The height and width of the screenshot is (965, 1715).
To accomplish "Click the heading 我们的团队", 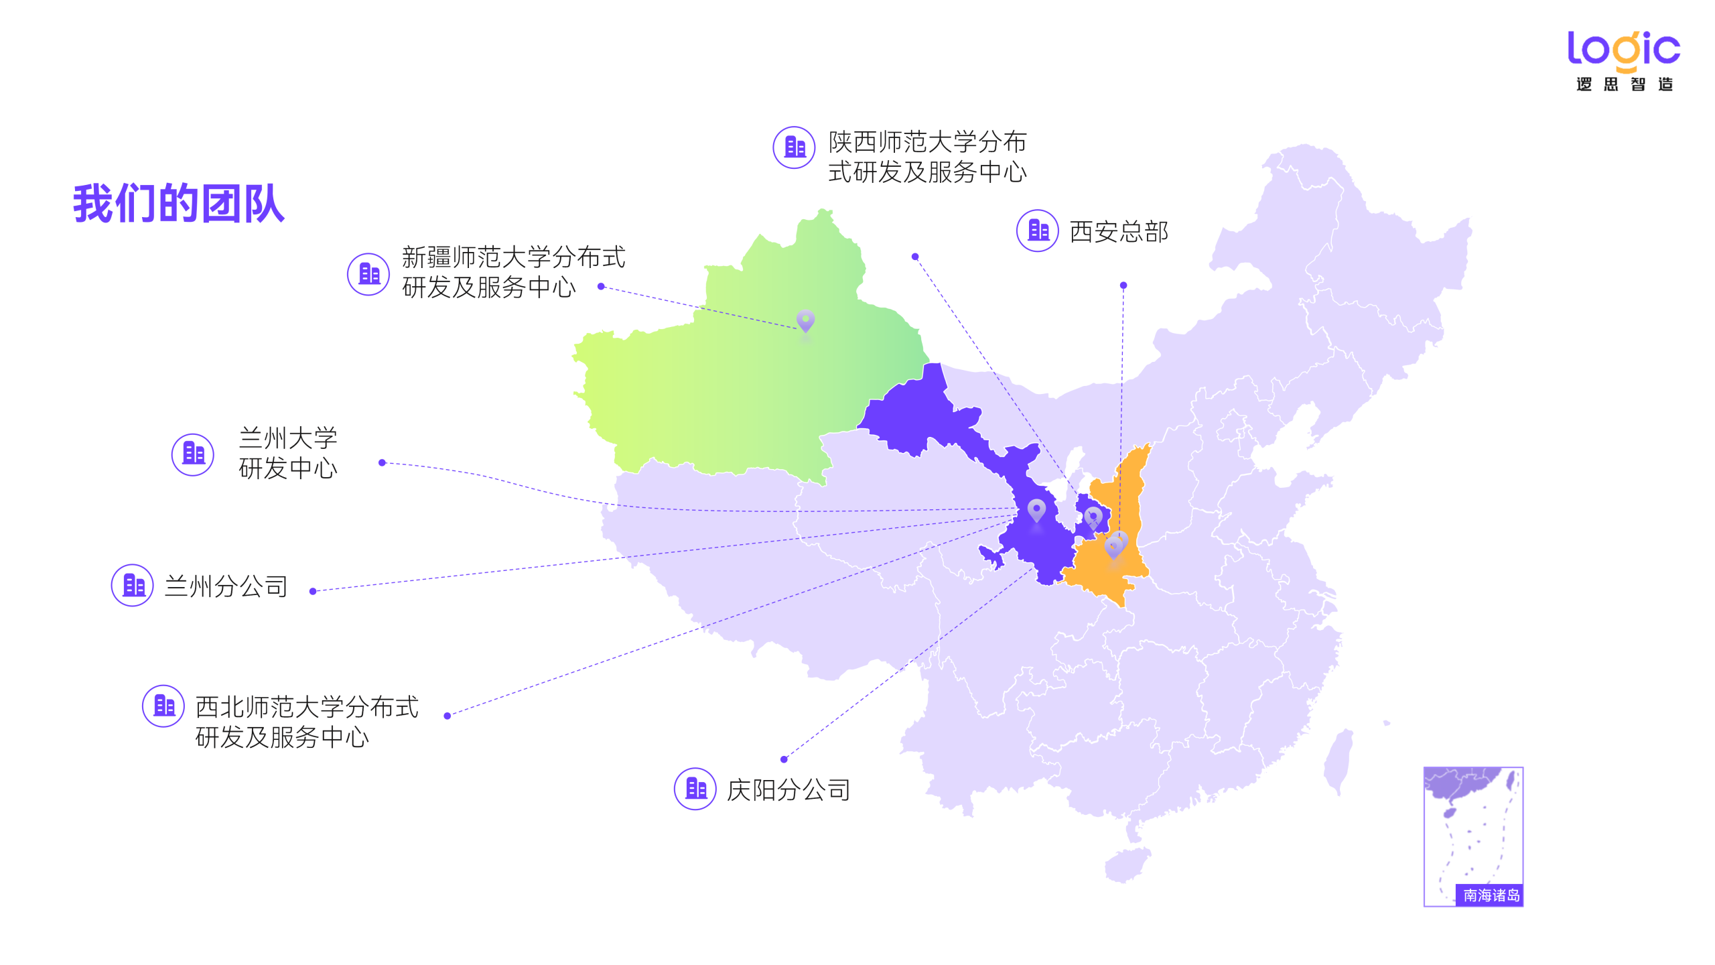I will pos(179,203).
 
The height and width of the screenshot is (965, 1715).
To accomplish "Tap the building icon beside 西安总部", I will pos(1037,231).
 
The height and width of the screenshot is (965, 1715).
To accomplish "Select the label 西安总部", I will pos(1118,232).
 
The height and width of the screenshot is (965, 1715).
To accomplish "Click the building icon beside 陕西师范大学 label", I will pos(794,147).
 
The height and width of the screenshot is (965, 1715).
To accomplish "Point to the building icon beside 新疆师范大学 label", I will pos(368,273).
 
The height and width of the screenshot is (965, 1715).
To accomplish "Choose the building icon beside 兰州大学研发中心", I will pos(193,454).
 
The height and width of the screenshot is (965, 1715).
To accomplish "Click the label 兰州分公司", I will pos(226,586).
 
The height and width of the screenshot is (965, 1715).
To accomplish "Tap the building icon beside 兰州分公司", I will pos(133,585).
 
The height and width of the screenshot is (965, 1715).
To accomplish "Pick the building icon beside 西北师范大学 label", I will pos(163,706).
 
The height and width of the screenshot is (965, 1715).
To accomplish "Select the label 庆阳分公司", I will pos(788,790).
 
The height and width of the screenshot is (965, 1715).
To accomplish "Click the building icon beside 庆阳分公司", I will pos(695,789).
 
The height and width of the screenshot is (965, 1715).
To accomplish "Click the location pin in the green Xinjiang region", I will pos(805,321).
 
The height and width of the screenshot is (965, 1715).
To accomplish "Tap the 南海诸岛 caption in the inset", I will pos(1491,895).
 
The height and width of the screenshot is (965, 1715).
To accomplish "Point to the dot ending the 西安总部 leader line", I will pos(1123,285).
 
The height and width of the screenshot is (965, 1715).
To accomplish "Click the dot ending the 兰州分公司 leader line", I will pos(313,591).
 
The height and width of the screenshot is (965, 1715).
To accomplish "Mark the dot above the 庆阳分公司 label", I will pos(784,759).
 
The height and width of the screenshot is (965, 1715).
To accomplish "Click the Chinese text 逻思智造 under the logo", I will pos(1624,84).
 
